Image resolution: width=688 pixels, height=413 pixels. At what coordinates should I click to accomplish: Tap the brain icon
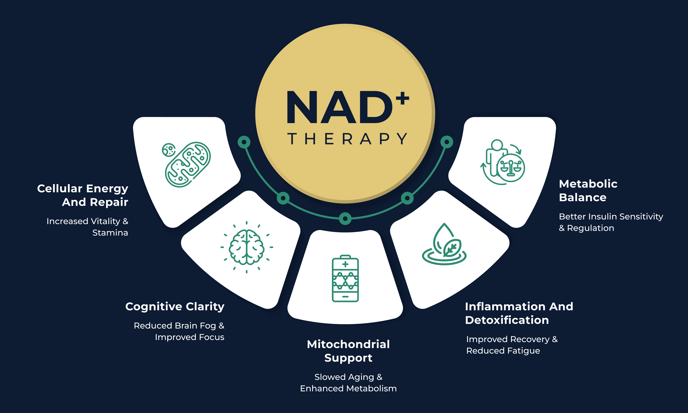click(246, 247)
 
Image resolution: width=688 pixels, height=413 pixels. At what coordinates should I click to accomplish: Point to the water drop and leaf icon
click(444, 245)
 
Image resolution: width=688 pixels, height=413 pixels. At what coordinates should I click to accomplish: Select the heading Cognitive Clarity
click(175, 306)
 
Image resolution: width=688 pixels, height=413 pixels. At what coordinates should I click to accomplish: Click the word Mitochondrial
click(348, 344)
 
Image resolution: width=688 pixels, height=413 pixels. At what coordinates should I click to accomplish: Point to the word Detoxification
click(507, 320)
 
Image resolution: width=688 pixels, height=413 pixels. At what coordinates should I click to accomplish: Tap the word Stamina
click(110, 233)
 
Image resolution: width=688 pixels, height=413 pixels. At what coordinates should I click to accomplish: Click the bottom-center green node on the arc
click(345, 218)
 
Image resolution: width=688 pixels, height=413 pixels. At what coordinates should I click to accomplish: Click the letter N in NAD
click(302, 107)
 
